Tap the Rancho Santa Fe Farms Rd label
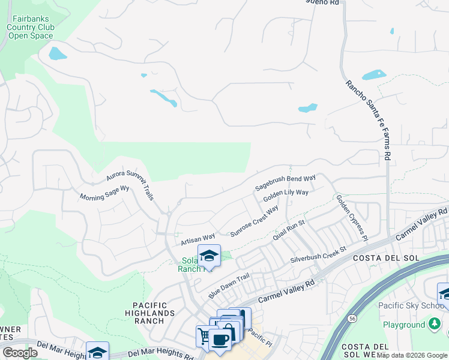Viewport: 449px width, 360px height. point(369,120)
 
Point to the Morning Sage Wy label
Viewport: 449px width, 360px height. point(105,193)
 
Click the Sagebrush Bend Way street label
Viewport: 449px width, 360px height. point(285,183)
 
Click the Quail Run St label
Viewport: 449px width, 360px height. point(289,230)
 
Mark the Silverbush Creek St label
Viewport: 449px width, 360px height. point(319,254)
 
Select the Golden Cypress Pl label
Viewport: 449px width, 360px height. point(352,217)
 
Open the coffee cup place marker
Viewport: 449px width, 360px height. point(220,339)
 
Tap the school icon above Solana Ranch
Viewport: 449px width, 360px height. point(209,256)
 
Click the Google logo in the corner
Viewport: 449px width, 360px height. point(20,352)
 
